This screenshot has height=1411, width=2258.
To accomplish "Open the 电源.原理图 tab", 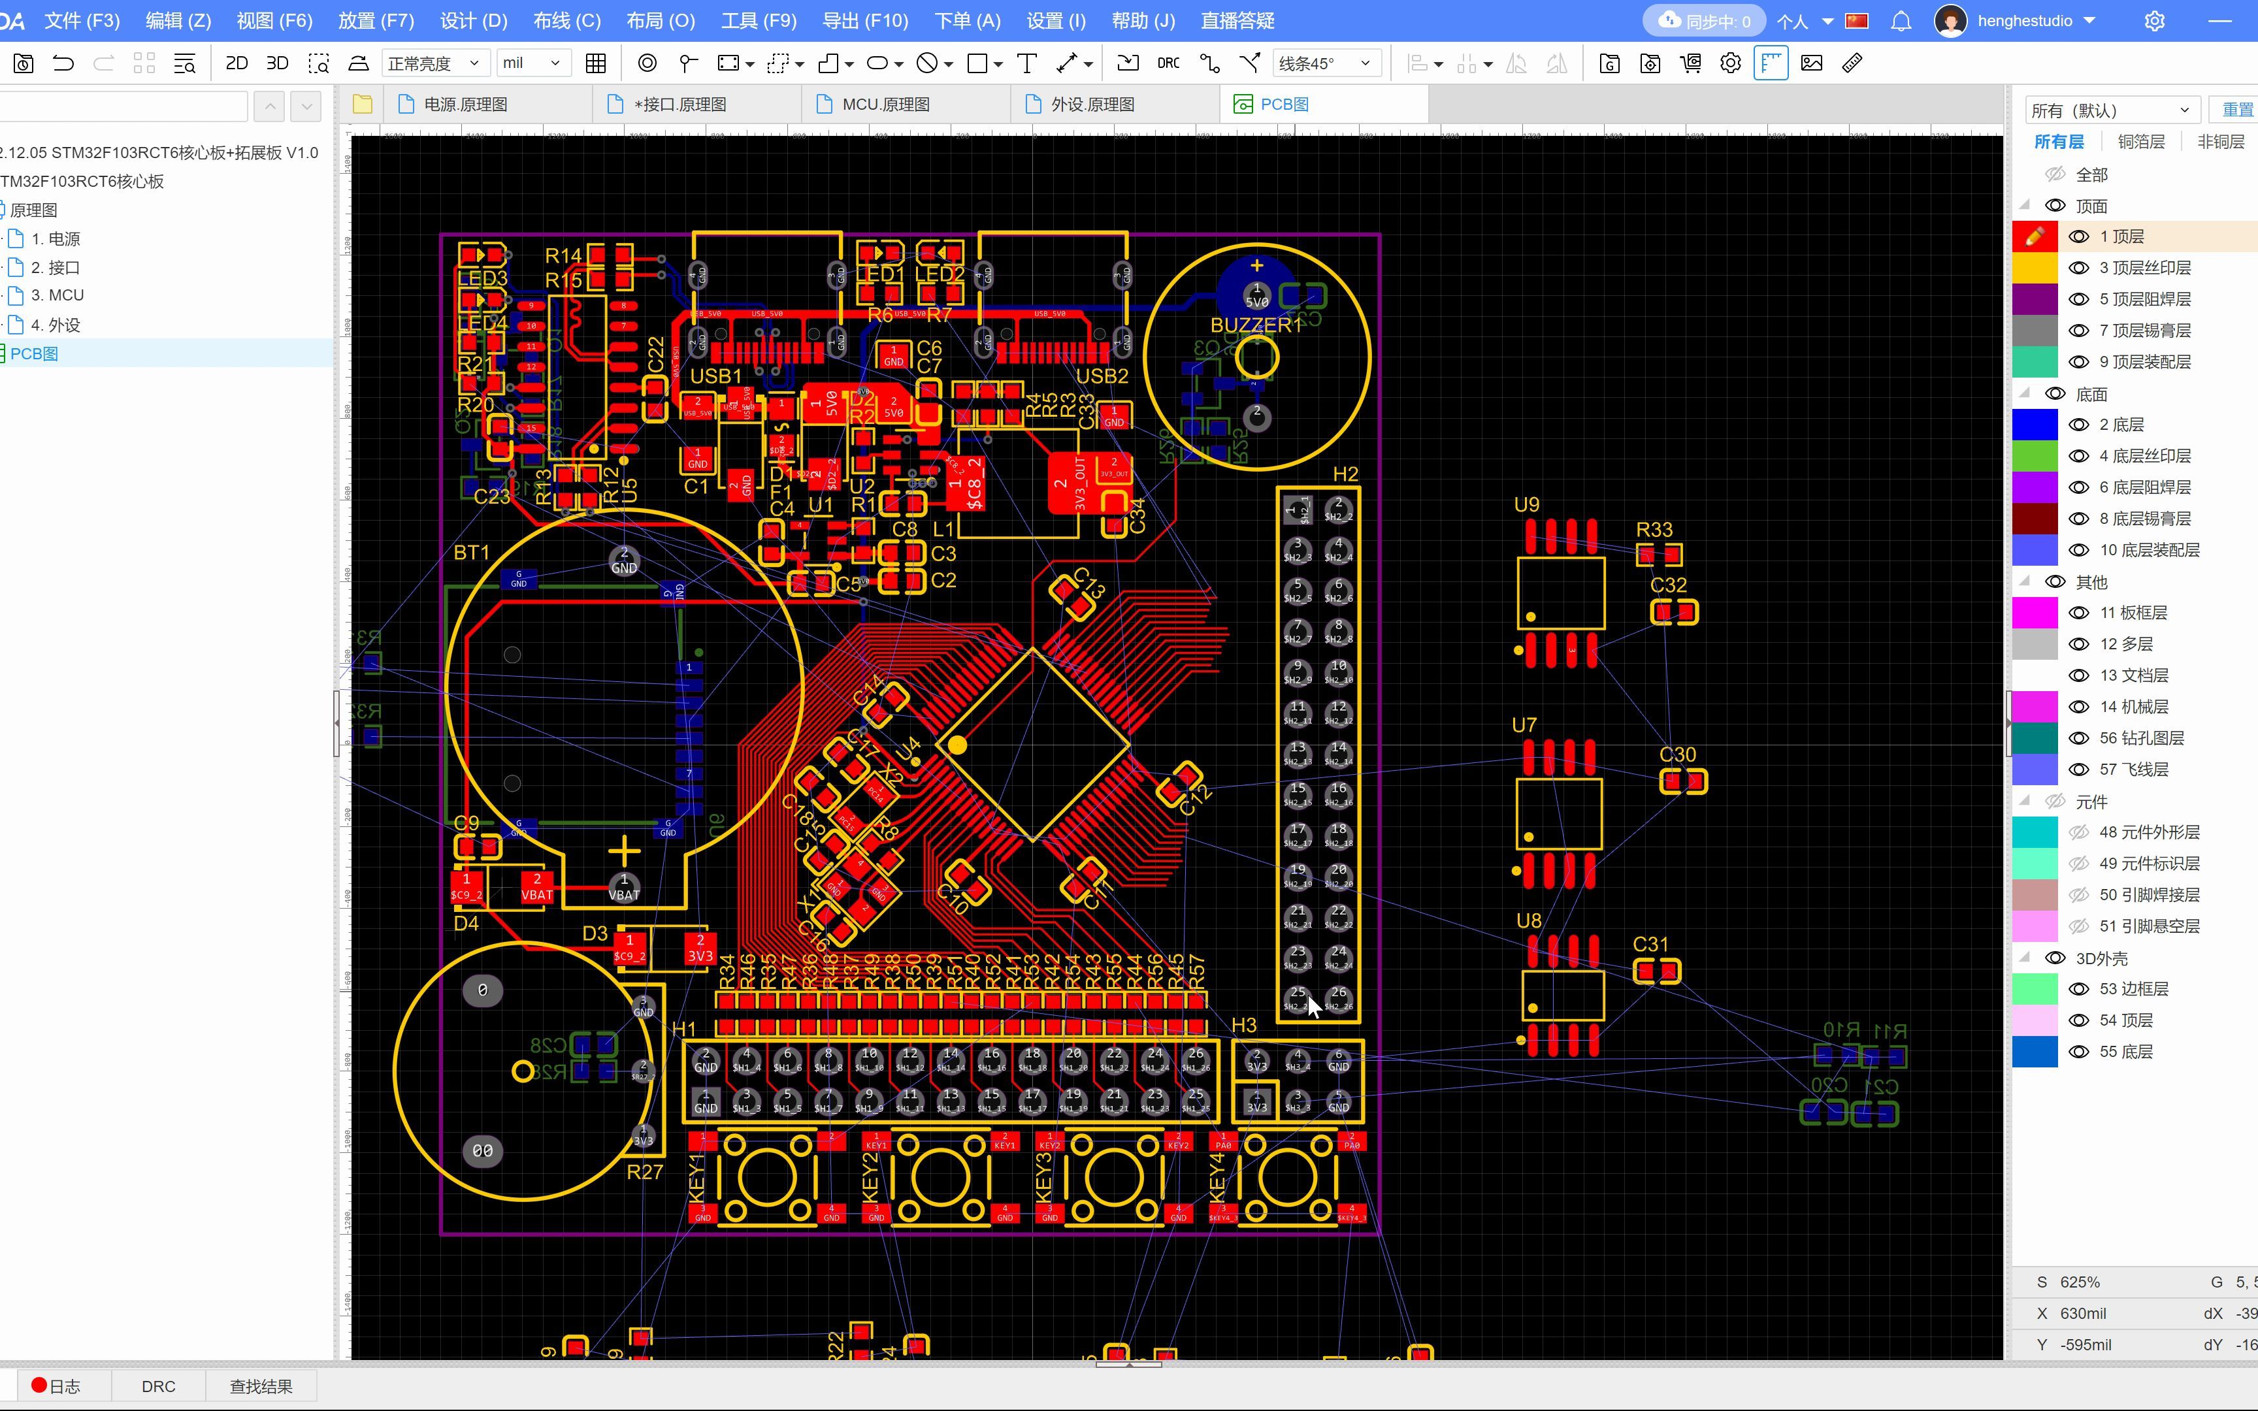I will click(465, 105).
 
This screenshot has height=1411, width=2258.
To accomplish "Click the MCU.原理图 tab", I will click(885, 105).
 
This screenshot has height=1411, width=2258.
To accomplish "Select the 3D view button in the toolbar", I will click(277, 63).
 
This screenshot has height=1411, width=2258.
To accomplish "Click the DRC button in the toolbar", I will click(1168, 63).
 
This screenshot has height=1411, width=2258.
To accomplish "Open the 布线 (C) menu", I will click(566, 20).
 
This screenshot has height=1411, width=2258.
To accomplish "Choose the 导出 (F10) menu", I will click(865, 20).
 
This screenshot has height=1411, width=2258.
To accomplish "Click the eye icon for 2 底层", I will click(2079, 425).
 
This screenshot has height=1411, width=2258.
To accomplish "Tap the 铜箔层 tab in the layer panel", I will click(2140, 142).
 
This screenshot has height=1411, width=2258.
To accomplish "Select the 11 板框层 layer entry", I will click(2133, 613).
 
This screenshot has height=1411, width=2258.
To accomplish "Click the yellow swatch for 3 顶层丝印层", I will click(2035, 268).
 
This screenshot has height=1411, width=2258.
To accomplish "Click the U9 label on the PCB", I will click(1526, 505).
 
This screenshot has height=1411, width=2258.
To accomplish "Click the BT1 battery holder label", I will click(471, 553).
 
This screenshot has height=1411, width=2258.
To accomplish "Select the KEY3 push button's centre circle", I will click(1111, 1178).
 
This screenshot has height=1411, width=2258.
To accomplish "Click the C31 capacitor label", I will click(1650, 945).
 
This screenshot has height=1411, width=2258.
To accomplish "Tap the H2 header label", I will click(1345, 474).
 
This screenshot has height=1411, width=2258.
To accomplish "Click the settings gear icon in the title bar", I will click(2154, 20).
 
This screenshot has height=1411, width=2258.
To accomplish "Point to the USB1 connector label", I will click(715, 376).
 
